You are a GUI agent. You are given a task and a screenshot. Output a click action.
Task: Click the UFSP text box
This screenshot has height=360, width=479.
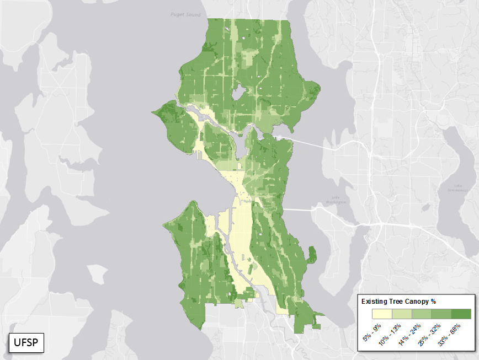click(26, 343)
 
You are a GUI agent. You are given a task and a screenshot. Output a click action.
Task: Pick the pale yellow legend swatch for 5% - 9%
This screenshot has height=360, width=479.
click(382, 314)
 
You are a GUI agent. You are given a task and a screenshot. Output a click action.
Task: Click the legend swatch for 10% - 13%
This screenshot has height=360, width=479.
click(402, 314)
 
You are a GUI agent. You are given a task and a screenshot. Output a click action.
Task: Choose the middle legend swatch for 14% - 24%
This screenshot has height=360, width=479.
click(422, 314)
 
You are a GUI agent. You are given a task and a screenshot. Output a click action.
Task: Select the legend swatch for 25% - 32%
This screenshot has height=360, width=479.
click(441, 314)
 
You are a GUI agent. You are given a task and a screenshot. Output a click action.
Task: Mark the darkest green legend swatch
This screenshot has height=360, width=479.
click(461, 314)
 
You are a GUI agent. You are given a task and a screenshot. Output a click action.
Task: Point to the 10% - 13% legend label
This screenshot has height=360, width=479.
click(391, 334)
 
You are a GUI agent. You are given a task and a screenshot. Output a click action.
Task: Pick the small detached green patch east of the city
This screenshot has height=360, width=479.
click(312, 254)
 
